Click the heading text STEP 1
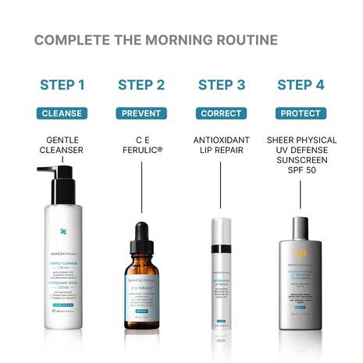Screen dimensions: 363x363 coord(62,85)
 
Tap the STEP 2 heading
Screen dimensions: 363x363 coord(141,85)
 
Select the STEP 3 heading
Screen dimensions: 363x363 coord(221,85)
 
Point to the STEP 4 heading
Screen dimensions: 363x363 coord(301,85)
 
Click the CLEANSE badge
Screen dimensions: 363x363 coord(62,113)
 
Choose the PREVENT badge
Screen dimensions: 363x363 coord(141,113)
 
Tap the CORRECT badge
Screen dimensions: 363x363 coord(221,113)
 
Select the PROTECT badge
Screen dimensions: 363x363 coord(301,113)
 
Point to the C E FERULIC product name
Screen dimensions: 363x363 coord(141,145)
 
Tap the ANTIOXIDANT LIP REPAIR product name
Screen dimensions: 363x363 coord(221,145)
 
